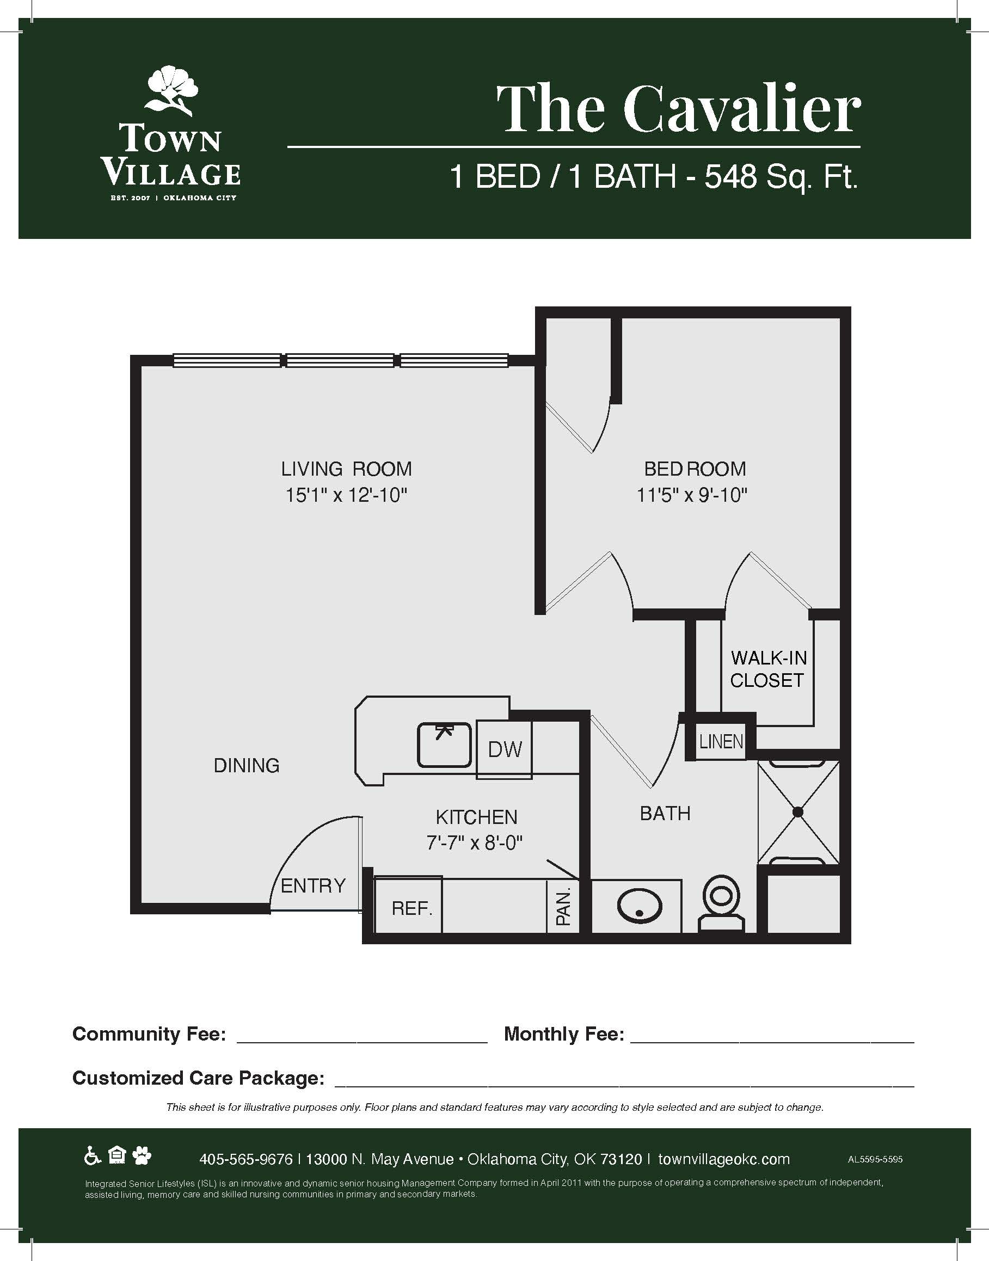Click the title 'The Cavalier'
tap(679, 108)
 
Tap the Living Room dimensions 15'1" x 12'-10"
tap(346, 495)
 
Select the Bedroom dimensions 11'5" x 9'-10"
tap(692, 495)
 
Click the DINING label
tap(247, 765)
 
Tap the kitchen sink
tap(444, 745)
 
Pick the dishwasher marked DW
tap(505, 749)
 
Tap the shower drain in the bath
tap(798, 813)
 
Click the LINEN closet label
tap(721, 741)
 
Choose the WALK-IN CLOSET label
tap(769, 669)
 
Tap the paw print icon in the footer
tap(142, 1156)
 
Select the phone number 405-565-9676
tap(245, 1159)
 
